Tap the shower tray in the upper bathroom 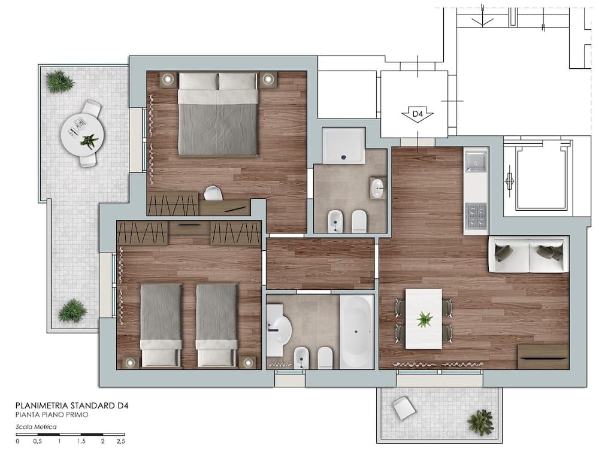pyautogui.click(x=344, y=145)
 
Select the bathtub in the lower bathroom pyautogui.click(x=357, y=332)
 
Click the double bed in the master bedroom pyautogui.click(x=218, y=114)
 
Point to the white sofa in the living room pyautogui.click(x=528, y=254)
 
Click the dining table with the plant pyautogui.click(x=423, y=319)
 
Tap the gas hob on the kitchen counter pyautogui.click(x=476, y=214)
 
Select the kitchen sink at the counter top pyautogui.click(x=476, y=162)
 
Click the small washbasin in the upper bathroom pyautogui.click(x=378, y=188)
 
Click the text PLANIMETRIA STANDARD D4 pyautogui.click(x=72, y=405)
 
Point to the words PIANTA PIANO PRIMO pyautogui.click(x=52, y=415)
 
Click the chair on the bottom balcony pyautogui.click(x=404, y=408)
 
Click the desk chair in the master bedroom pyautogui.click(x=213, y=193)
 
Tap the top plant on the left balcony pyautogui.click(x=60, y=81)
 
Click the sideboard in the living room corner pyautogui.click(x=543, y=357)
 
